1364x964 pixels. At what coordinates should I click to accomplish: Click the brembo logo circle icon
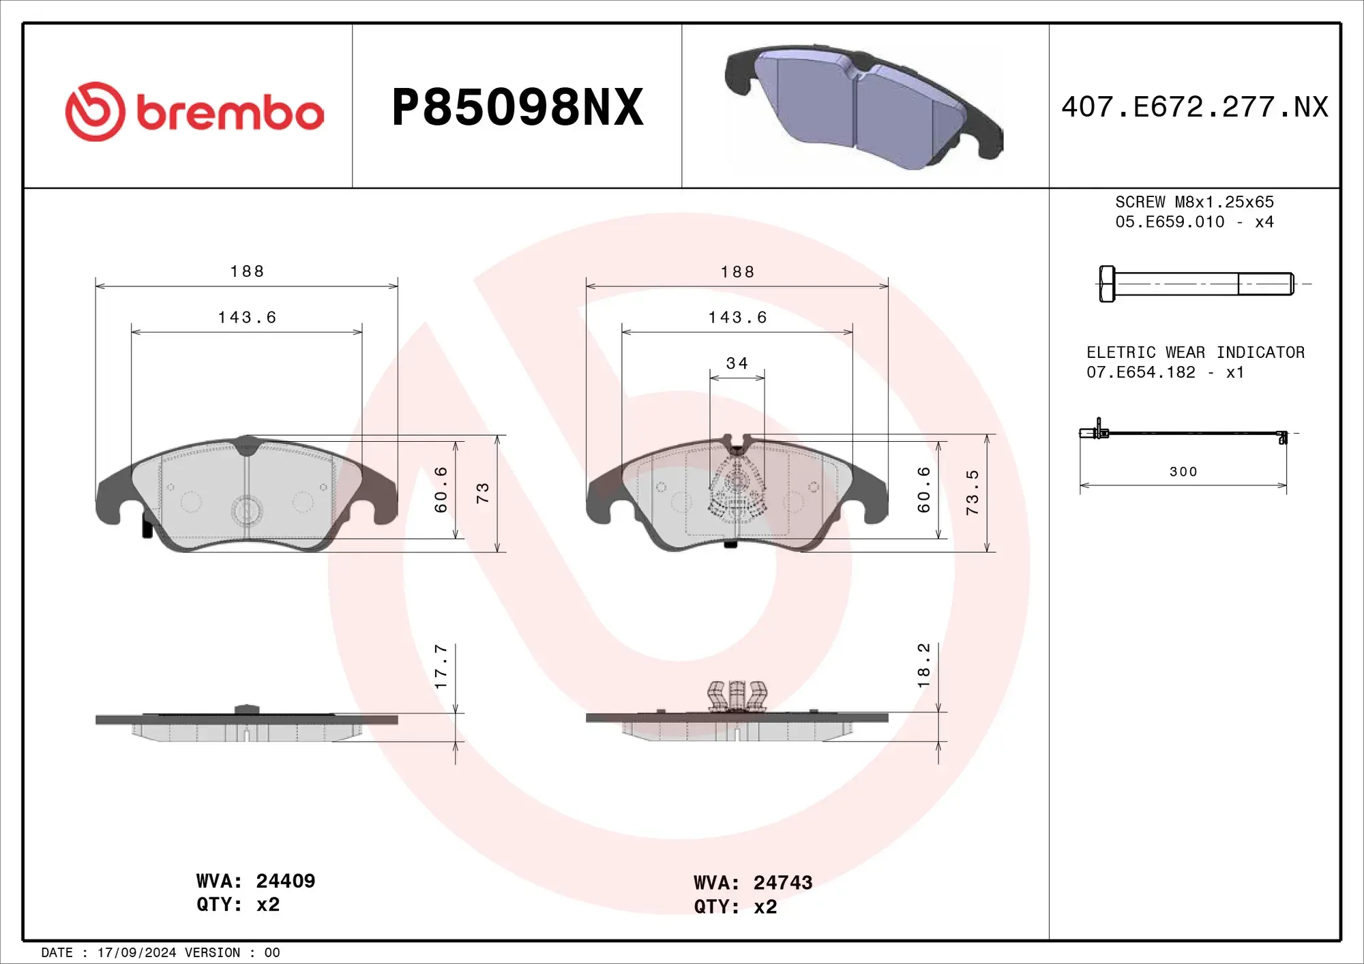[95, 112]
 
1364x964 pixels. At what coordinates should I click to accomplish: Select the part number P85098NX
[518, 108]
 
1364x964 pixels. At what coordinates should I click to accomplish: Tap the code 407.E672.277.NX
[1195, 107]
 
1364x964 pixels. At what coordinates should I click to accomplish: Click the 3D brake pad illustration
[863, 108]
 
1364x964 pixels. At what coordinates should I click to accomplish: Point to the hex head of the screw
[1107, 284]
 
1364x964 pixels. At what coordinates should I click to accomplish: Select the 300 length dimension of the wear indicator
[1183, 472]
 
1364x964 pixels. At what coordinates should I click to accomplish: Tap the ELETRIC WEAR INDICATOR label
[1195, 352]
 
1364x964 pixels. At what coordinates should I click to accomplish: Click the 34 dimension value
[737, 363]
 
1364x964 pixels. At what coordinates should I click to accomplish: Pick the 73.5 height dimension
[973, 492]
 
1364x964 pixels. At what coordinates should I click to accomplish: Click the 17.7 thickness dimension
[441, 666]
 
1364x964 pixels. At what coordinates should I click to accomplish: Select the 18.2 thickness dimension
[924, 665]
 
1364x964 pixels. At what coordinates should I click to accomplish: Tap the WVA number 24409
[285, 881]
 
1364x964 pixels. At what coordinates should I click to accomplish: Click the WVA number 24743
[782, 883]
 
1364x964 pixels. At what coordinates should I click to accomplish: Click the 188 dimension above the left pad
[247, 271]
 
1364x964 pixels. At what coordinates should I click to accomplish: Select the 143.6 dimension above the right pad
[737, 318]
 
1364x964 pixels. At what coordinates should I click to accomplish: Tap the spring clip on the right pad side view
[737, 695]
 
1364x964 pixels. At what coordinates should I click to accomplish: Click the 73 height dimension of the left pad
[483, 493]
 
